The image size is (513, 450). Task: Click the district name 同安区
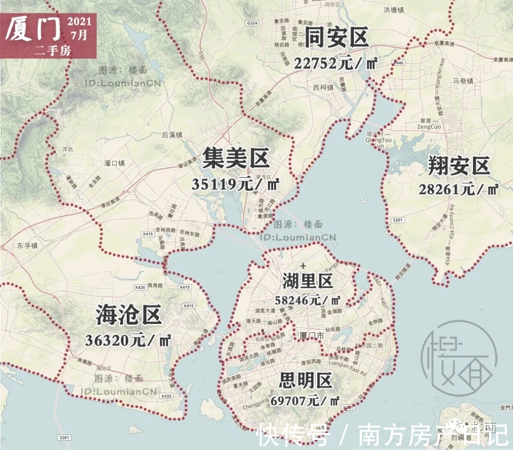(x=336, y=38)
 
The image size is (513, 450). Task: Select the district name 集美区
(x=236, y=158)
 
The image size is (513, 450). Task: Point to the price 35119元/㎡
(x=236, y=184)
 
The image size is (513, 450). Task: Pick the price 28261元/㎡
(x=458, y=190)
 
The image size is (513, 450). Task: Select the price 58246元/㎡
(x=307, y=300)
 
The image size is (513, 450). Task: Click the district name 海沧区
(x=129, y=315)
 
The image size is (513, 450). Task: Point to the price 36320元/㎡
(x=128, y=340)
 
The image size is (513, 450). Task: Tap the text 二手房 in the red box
(x=52, y=50)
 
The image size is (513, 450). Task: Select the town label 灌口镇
(x=114, y=163)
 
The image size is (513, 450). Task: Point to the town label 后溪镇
(x=172, y=135)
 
